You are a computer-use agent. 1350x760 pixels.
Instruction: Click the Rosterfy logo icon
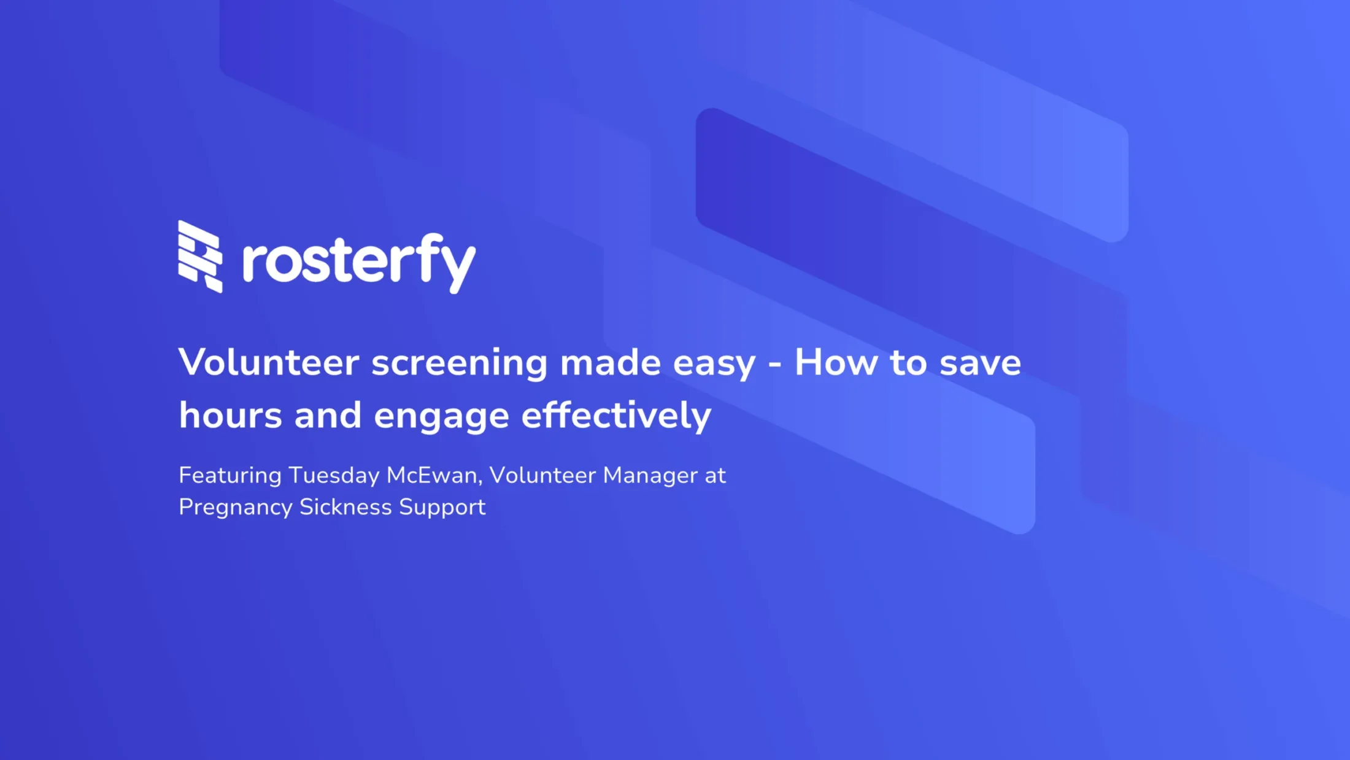click(200, 257)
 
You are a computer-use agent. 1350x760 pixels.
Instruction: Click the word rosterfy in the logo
click(359, 263)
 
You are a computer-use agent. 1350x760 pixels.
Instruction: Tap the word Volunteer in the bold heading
click(269, 362)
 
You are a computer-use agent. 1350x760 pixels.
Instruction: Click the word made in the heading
click(611, 362)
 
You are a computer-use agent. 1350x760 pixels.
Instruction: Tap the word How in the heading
click(836, 362)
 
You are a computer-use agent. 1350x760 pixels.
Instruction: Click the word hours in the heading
click(231, 416)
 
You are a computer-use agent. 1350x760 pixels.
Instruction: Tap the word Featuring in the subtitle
click(230, 476)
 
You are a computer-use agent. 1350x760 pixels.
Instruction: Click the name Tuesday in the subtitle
click(334, 476)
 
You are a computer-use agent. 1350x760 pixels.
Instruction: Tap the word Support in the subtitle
click(442, 508)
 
